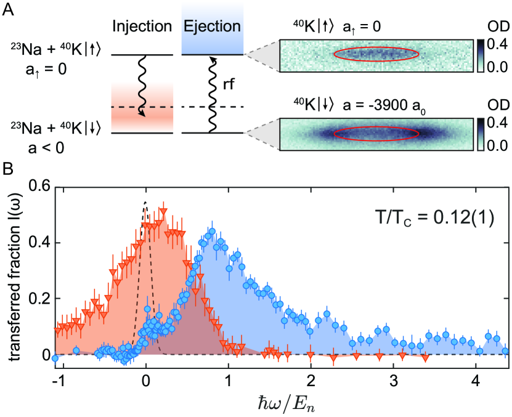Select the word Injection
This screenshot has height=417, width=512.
point(142,28)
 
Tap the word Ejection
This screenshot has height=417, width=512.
point(213,27)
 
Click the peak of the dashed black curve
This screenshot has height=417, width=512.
point(145,203)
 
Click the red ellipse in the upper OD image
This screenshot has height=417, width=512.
point(376,54)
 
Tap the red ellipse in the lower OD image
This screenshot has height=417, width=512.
point(376,134)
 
